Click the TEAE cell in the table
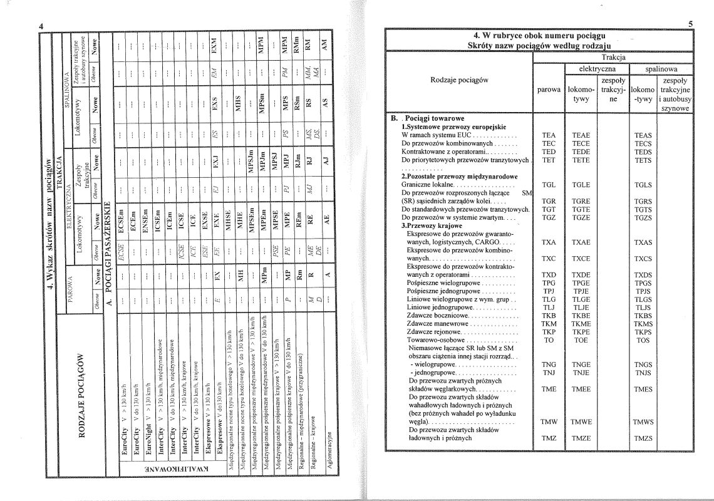tap(581, 135)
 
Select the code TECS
tap(643, 143)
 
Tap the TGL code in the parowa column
tap(549, 185)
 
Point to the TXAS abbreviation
tap(643, 242)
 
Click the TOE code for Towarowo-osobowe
tap(581, 340)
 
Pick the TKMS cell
tap(643, 324)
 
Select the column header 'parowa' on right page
tap(549, 90)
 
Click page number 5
tap(689, 24)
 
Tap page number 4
tap(40, 26)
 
